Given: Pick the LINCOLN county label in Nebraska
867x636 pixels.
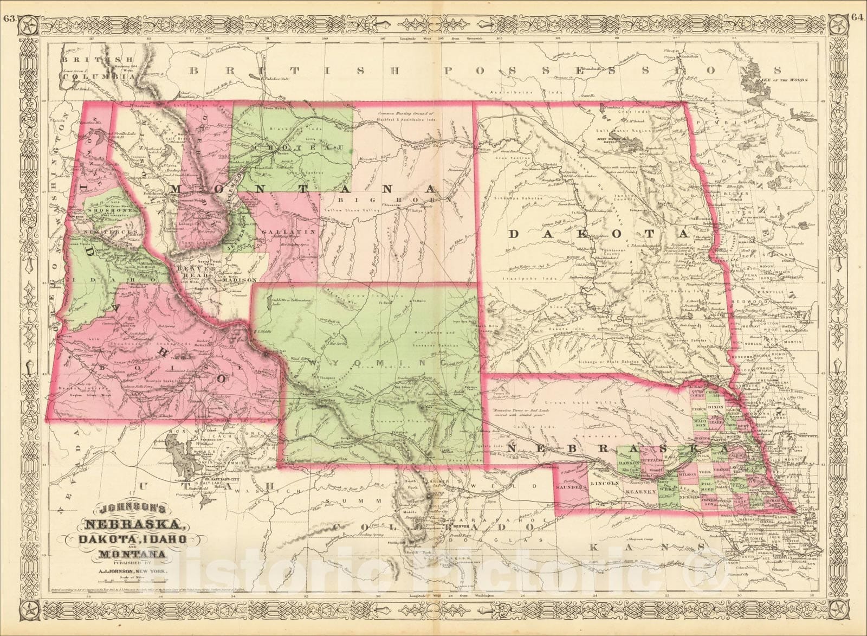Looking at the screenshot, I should (x=605, y=483).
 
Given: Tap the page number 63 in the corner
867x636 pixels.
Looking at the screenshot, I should (x=8, y=5).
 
